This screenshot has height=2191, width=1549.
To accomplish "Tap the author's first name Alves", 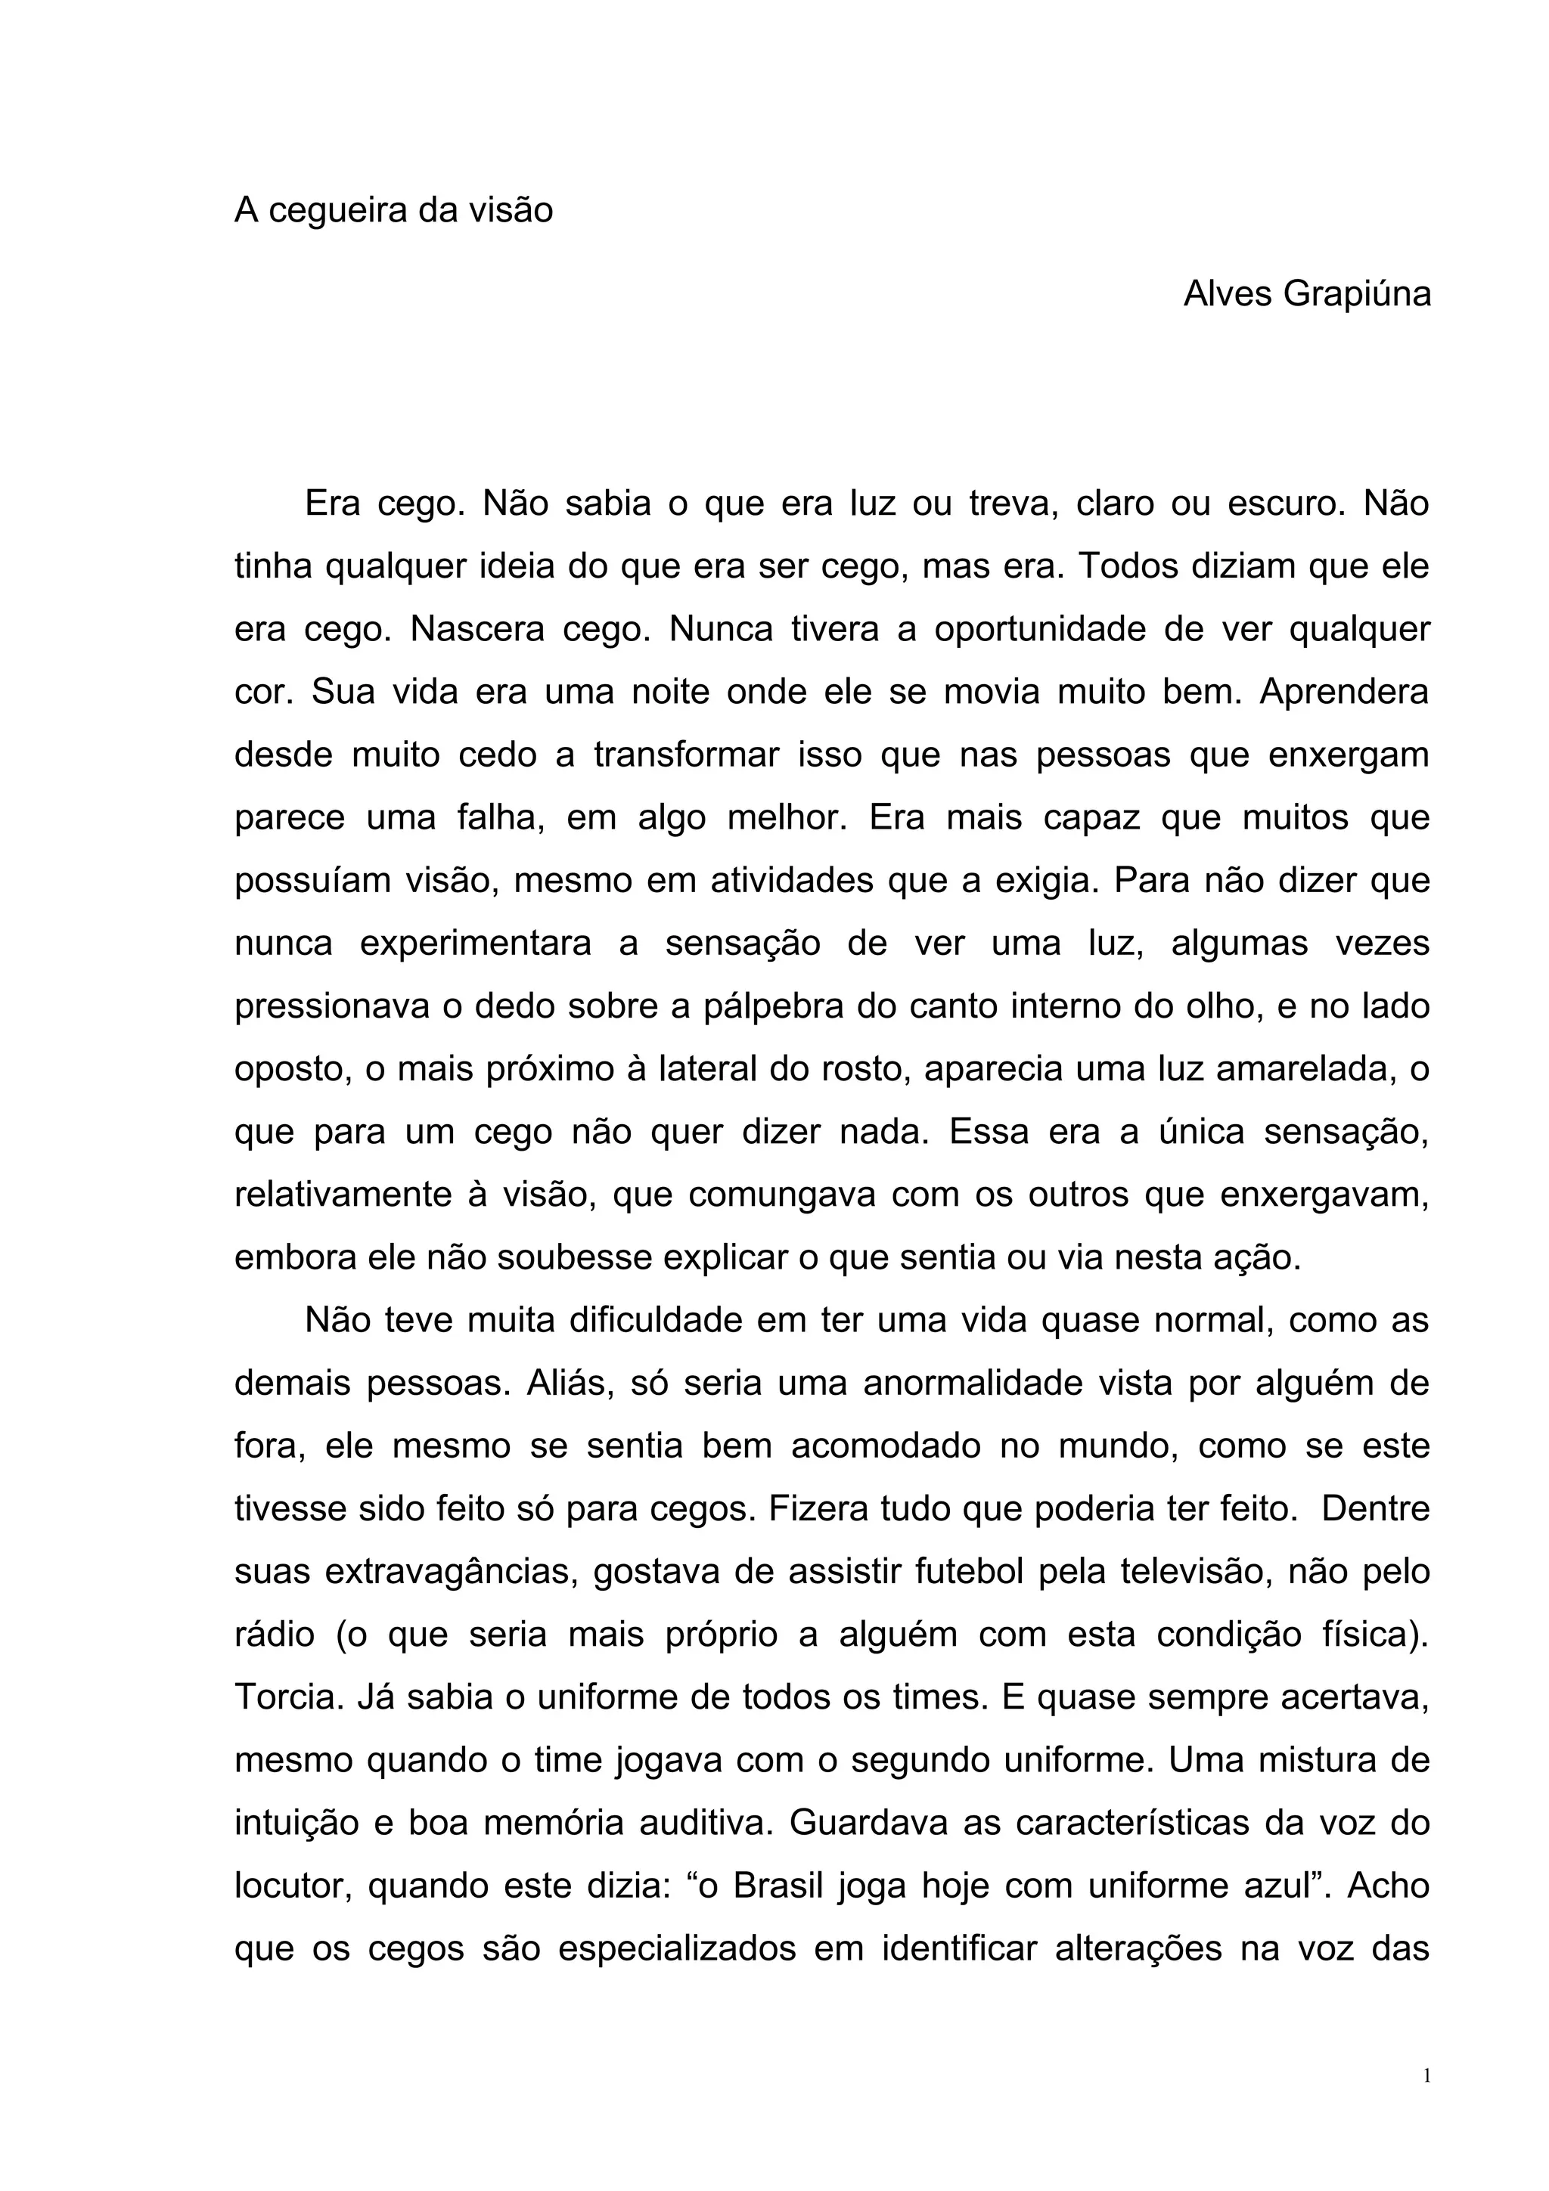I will click(1228, 295).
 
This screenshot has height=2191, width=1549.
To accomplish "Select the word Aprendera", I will click(1344, 692).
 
